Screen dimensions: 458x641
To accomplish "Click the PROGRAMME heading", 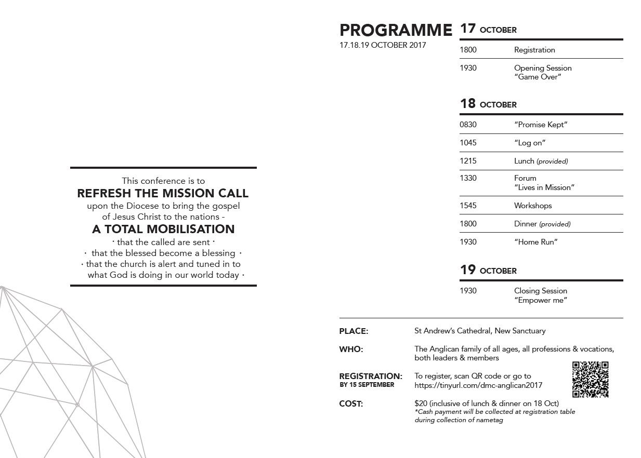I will click(x=396, y=30).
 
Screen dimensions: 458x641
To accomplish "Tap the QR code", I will click(x=590, y=380).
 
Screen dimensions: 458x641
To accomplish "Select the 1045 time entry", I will click(x=468, y=143).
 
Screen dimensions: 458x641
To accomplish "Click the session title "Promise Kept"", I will click(x=540, y=125).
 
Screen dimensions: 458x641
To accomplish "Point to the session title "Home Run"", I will click(x=535, y=242).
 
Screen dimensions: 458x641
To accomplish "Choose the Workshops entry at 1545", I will click(x=533, y=206).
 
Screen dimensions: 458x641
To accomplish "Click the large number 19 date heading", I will click(x=468, y=270).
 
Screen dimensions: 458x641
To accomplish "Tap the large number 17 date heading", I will click(x=468, y=29).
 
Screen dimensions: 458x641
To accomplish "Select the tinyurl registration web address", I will click(x=478, y=385).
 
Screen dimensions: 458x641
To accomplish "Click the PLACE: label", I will click(x=354, y=331).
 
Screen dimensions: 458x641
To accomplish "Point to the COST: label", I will click(x=351, y=404).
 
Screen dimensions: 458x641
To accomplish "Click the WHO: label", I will click(x=351, y=349).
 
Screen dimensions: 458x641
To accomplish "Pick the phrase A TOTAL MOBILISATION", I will click(x=163, y=229).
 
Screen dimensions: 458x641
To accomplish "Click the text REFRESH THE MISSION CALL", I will click(x=163, y=193).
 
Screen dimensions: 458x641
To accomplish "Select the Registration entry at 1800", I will click(x=534, y=50).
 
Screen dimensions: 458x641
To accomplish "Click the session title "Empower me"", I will click(x=540, y=300).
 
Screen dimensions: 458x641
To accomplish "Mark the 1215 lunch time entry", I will click(x=468, y=161).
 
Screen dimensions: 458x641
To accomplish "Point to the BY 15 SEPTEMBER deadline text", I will click(x=367, y=385).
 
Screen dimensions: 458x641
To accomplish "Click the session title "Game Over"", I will click(x=538, y=77).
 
